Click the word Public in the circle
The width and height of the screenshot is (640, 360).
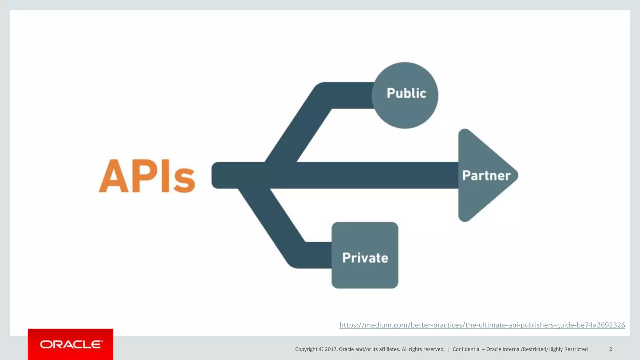click(x=406, y=93)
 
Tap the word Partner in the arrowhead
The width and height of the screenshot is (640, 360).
click(x=486, y=176)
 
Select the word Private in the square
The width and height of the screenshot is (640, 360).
click(x=365, y=258)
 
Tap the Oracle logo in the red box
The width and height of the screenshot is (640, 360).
click(x=71, y=344)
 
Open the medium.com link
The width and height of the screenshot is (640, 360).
click(x=482, y=325)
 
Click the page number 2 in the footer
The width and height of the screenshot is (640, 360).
click(x=610, y=349)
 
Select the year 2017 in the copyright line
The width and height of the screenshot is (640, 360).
click(x=330, y=349)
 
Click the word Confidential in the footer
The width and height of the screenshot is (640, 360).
click(x=467, y=349)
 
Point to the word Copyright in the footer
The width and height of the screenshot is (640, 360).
click(x=306, y=349)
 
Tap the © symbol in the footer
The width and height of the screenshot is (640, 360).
click(x=321, y=349)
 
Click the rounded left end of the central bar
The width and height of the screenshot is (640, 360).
click(x=216, y=175)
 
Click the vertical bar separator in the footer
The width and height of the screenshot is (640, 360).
click(x=449, y=349)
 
